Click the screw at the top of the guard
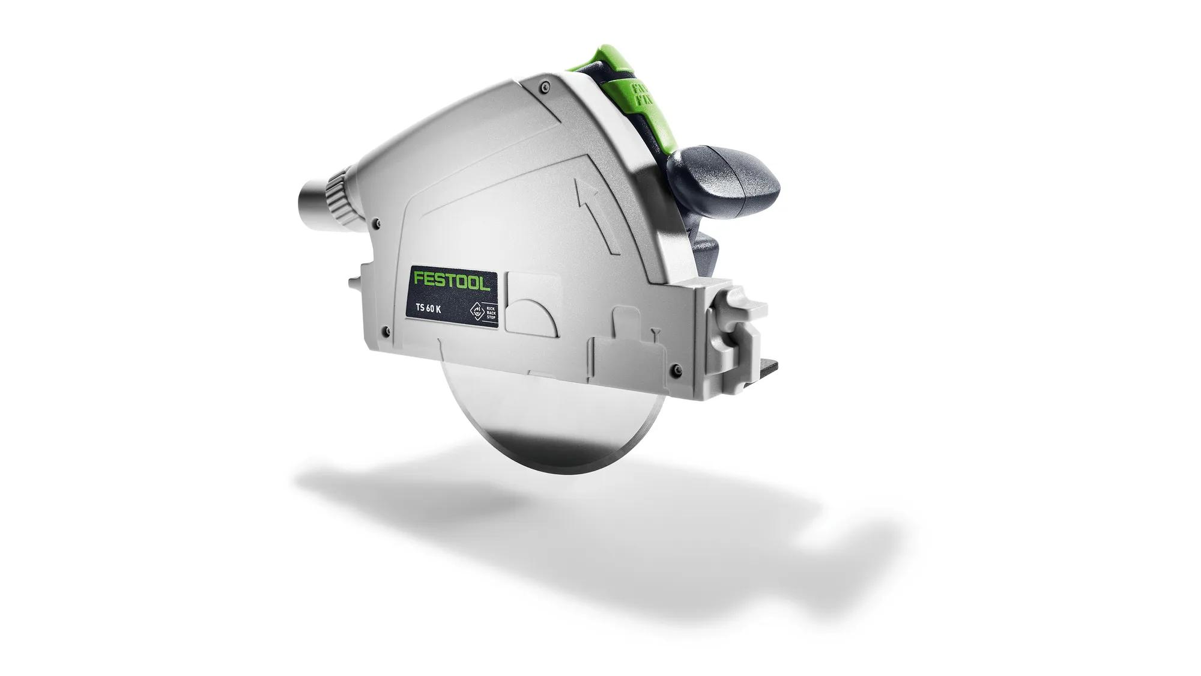click(544, 86)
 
